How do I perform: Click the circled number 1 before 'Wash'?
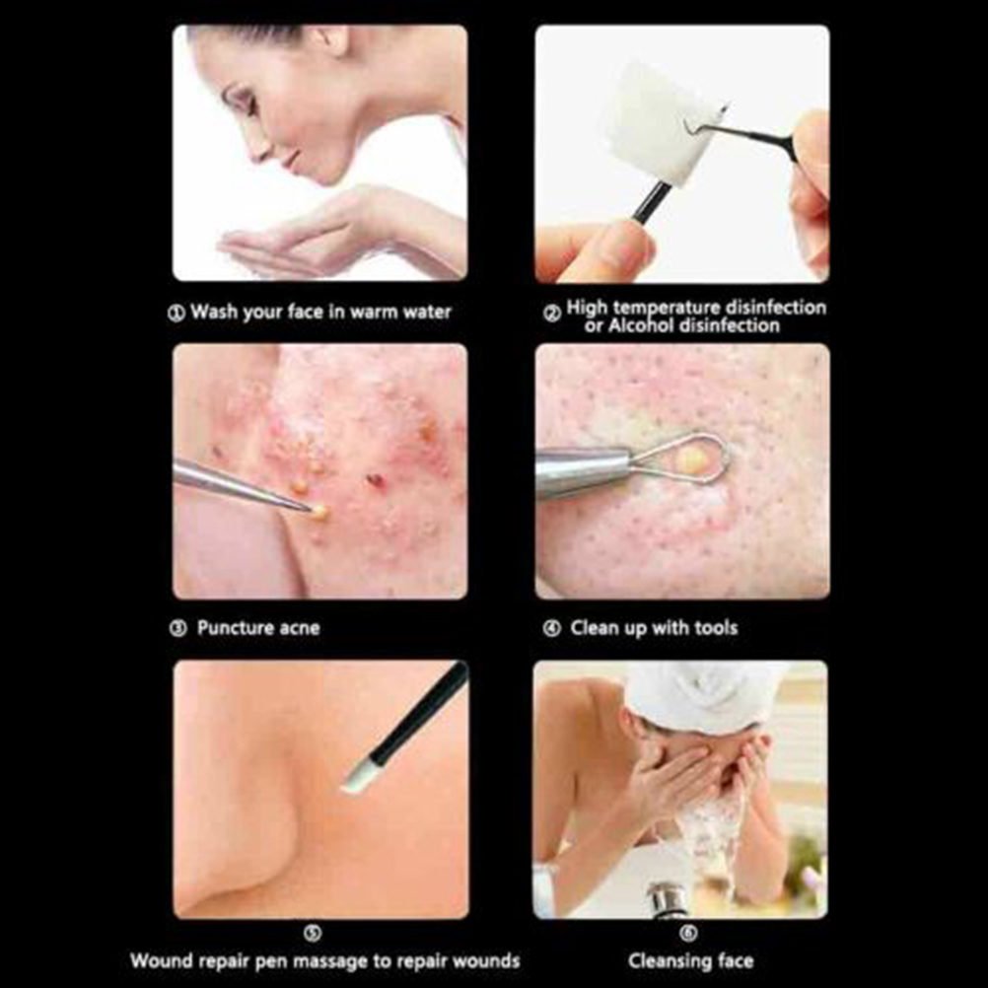176,314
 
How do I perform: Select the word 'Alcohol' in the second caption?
641,325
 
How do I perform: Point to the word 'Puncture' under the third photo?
236,627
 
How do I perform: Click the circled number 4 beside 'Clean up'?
552,628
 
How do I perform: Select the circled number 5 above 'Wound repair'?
314,933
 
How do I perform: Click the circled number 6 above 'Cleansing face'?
688,933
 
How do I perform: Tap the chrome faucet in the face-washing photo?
668,899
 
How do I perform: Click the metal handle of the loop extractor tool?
582,470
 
